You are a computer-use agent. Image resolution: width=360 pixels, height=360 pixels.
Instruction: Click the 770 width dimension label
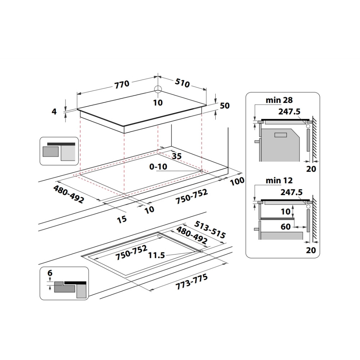[122, 84]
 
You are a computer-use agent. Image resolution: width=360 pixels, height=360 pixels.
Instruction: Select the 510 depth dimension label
[183, 84]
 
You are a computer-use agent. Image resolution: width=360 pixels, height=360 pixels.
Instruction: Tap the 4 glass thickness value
[54, 112]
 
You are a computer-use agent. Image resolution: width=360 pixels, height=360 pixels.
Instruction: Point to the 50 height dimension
[225, 105]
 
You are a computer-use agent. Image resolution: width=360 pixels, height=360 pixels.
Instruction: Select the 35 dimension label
[176, 156]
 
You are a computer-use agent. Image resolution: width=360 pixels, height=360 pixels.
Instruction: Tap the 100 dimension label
[237, 181]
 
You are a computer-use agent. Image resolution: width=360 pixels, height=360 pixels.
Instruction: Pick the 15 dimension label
[122, 219]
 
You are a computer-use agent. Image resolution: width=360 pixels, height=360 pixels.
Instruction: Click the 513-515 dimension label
[210, 229]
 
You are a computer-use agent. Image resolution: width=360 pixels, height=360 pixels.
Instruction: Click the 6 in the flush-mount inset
[50, 273]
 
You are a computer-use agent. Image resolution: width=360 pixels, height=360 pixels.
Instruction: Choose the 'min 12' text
[279, 181]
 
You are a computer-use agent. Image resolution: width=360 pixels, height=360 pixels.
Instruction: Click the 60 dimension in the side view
[285, 227]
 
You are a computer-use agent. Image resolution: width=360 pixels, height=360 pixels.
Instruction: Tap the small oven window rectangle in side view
[280, 135]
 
